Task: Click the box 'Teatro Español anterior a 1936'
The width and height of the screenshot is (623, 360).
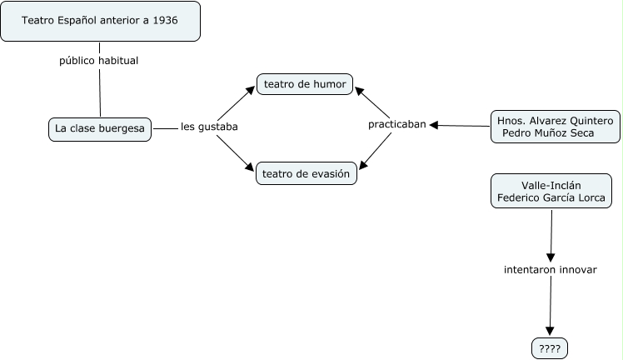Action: [100, 21]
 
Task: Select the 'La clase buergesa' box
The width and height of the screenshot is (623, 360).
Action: [100, 128]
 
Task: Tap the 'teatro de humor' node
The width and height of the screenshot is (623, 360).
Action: [306, 83]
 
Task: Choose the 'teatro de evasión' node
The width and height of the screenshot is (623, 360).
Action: [307, 173]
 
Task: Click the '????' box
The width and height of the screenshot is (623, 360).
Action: [550, 348]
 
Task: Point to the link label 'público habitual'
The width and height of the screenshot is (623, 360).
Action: [99, 61]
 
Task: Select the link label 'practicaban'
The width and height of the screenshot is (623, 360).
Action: [396, 124]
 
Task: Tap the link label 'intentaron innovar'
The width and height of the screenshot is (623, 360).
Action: [550, 270]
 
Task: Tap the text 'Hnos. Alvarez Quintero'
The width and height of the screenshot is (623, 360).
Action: [554, 120]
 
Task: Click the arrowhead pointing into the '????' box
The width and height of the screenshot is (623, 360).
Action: [550, 331]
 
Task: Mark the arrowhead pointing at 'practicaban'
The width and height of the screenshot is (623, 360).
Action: [434, 125]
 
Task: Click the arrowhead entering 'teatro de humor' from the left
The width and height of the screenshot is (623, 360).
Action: [250, 86]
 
